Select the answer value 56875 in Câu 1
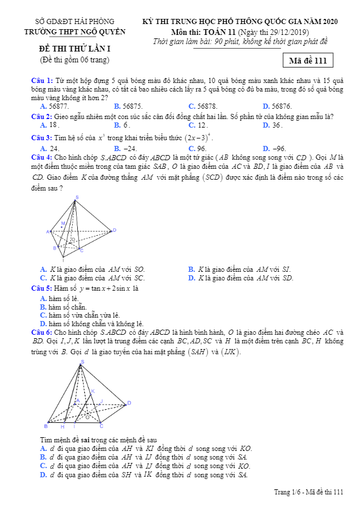click(128, 106)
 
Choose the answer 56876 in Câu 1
click(277, 106)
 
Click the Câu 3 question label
click(42, 138)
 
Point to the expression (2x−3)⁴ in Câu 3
click(198, 138)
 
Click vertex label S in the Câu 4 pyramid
click(77, 197)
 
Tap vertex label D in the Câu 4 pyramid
click(114, 230)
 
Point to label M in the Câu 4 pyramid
click(63, 223)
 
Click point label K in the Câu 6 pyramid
click(93, 391)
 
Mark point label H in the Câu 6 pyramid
click(62, 427)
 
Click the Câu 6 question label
click(42, 332)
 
